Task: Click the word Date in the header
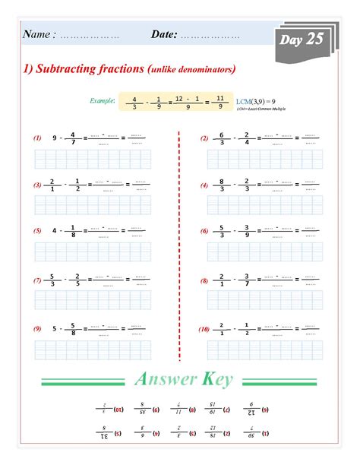pos(164,34)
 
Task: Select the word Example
pos(102,100)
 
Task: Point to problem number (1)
pos(36,139)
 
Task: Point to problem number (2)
pos(204,139)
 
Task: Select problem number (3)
pos(36,185)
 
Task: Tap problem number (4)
pos(204,185)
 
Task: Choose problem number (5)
pos(36,230)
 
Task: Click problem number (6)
pos(204,230)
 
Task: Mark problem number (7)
pos(36,280)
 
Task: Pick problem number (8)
pos(204,280)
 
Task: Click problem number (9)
pos(36,329)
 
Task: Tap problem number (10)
pos(204,329)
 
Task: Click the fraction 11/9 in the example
pos(219,102)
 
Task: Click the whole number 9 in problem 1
pos(55,139)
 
